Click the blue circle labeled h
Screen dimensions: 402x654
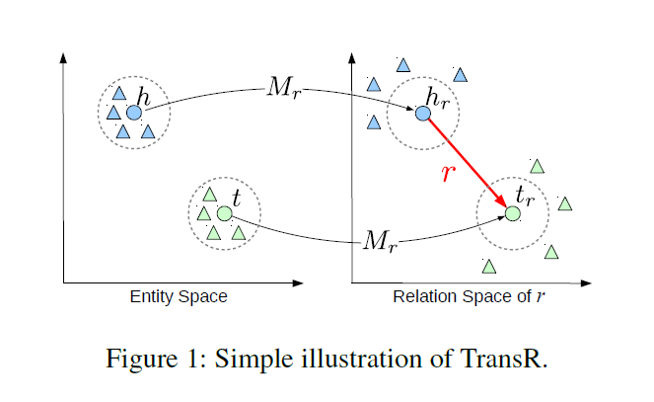(x=134, y=113)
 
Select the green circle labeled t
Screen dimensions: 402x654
(x=224, y=213)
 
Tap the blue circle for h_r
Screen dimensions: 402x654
(x=422, y=114)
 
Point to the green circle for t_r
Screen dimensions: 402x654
(x=513, y=212)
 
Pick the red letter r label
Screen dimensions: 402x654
(x=449, y=174)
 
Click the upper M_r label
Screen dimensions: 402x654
(x=285, y=87)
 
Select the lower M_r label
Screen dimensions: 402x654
(x=381, y=239)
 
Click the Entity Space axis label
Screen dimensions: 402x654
(x=179, y=297)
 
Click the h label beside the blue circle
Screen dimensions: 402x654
(x=144, y=97)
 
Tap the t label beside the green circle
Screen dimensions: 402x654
(x=236, y=197)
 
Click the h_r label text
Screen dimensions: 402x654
(x=435, y=97)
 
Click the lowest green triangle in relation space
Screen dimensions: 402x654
(x=488, y=266)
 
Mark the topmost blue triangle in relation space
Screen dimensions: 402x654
(x=402, y=66)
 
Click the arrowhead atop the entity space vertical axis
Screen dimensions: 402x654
(x=64, y=55)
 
